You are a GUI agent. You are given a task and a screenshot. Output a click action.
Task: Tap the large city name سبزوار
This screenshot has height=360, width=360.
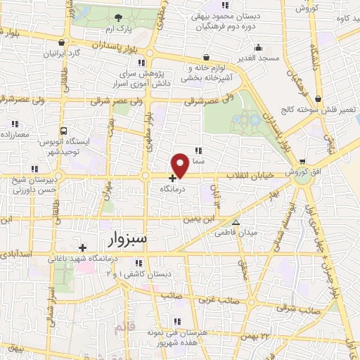point(129,240)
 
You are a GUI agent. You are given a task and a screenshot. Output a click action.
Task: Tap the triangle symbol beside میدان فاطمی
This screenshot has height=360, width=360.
point(236,221)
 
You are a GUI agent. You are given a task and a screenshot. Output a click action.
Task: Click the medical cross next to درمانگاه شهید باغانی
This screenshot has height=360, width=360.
point(83,247)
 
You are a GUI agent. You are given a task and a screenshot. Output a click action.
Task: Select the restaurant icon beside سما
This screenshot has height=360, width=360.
point(198,150)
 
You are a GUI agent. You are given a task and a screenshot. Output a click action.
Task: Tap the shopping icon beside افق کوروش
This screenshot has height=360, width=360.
point(302,161)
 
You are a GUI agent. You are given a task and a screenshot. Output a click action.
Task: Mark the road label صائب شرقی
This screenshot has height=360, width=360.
point(294,309)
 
